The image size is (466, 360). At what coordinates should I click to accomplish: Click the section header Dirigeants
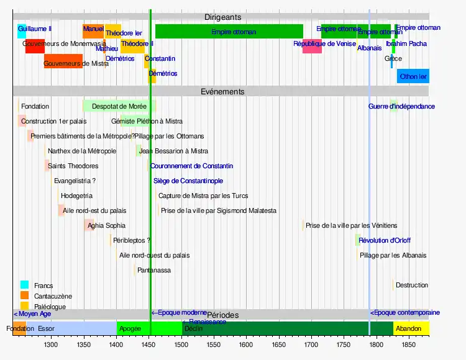click(x=222, y=17)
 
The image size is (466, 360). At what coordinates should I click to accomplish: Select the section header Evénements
click(x=222, y=91)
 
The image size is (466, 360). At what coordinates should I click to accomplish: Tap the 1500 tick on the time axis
click(x=181, y=343)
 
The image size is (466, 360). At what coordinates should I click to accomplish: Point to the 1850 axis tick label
click(x=409, y=343)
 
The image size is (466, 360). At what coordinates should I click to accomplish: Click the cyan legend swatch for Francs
click(x=24, y=286)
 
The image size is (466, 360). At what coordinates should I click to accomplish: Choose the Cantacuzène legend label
click(x=53, y=296)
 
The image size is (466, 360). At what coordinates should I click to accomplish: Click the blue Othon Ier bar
click(x=413, y=76)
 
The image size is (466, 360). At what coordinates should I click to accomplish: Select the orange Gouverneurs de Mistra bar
click(x=63, y=61)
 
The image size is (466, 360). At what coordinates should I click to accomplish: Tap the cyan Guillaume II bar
click(x=22, y=31)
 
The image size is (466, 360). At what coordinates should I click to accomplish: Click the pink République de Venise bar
click(x=312, y=47)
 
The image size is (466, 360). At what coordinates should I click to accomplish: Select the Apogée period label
click(x=130, y=328)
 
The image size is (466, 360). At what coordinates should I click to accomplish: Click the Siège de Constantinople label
click(x=188, y=181)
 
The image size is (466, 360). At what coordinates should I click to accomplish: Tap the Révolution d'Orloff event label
click(x=385, y=240)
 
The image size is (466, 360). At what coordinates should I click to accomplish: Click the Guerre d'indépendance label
click(x=401, y=106)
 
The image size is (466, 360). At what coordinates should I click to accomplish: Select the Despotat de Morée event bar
click(x=118, y=106)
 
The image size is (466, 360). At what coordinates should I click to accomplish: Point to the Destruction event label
click(x=411, y=285)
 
